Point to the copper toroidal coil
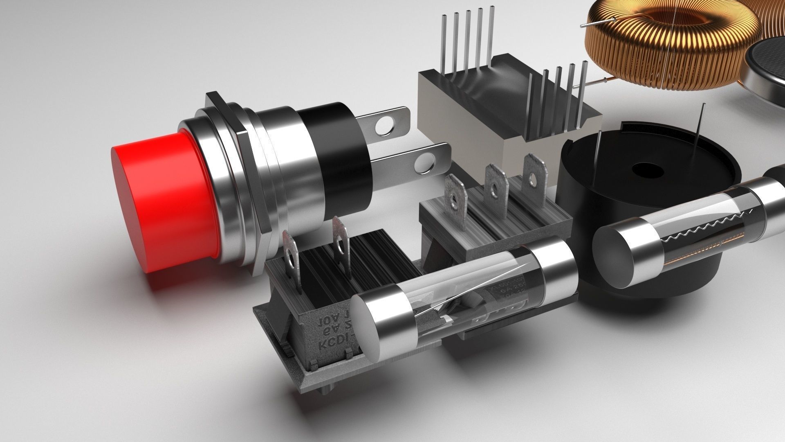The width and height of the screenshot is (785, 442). click(671, 45)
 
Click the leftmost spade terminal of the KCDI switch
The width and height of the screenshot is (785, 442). click(291, 262)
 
